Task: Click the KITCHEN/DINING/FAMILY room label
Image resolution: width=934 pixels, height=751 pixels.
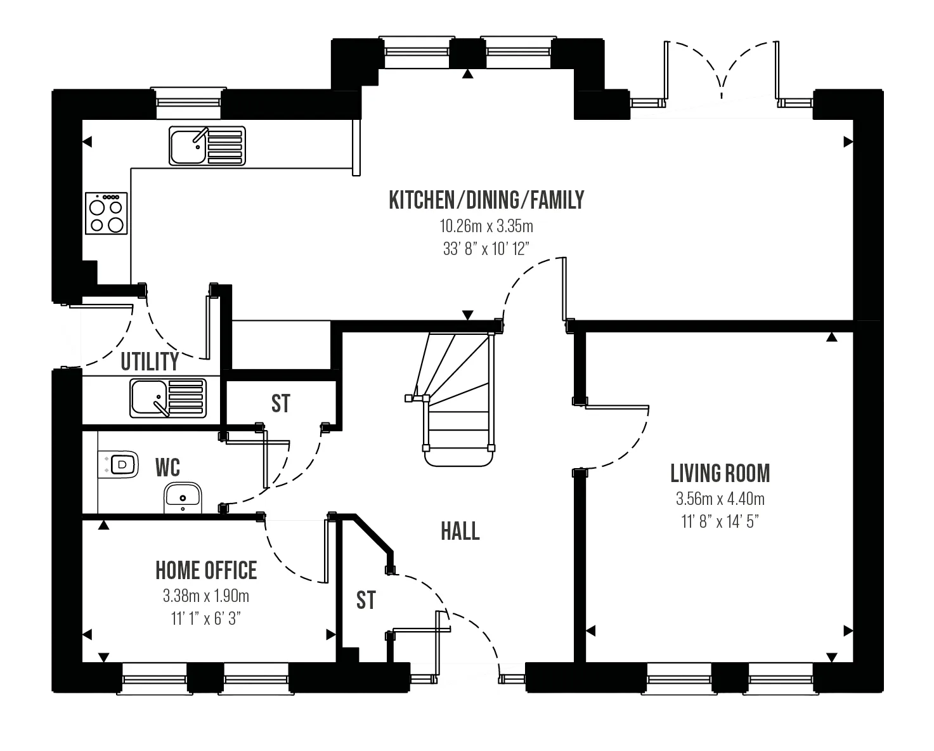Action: [486, 200]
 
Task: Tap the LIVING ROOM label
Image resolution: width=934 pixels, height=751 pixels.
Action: [720, 473]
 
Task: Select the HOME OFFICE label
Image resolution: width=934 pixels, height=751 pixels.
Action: [206, 570]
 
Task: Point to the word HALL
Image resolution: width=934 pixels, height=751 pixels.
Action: [460, 531]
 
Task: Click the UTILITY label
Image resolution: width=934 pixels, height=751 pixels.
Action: [150, 362]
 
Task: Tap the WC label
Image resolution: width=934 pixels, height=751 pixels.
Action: [167, 467]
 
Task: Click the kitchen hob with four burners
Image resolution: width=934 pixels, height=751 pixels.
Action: [107, 213]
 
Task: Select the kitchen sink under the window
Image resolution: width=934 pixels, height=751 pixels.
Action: [207, 146]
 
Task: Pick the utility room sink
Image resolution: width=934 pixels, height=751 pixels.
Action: [168, 398]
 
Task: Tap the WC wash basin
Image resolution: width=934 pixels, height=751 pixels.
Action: [183, 498]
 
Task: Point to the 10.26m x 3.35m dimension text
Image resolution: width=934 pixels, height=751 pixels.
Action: [486, 226]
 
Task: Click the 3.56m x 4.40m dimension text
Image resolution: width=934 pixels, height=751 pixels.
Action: [720, 499]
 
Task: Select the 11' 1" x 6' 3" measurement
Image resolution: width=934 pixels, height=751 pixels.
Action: [206, 618]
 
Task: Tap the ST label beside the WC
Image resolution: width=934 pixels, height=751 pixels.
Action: [280, 403]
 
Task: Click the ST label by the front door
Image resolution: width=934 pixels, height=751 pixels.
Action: [366, 601]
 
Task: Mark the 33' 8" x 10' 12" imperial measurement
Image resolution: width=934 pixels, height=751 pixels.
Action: [486, 249]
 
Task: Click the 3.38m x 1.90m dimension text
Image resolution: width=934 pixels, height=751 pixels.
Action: [206, 596]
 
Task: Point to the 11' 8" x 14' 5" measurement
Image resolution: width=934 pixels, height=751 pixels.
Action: [720, 521]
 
